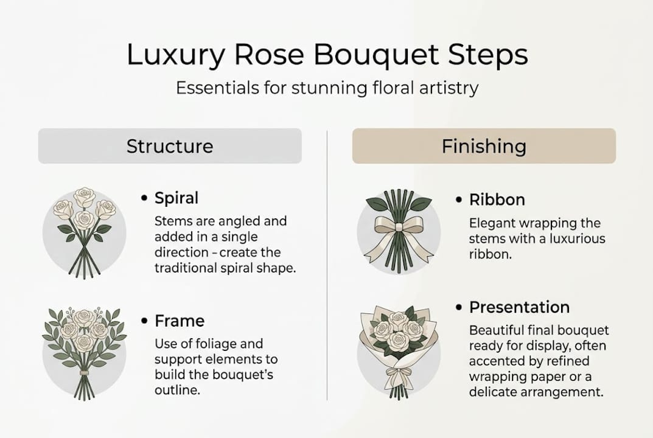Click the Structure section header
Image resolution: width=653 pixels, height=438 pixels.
(170, 146)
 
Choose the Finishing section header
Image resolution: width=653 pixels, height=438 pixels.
(484, 146)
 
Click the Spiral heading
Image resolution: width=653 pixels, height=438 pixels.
(176, 198)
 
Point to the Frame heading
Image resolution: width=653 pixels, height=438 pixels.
(180, 321)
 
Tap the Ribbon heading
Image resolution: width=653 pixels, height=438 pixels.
(497, 200)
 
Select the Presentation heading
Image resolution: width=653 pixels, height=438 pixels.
(519, 307)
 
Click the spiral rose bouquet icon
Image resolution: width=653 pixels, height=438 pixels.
(85, 232)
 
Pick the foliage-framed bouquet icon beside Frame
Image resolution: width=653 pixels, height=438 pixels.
(85, 353)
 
